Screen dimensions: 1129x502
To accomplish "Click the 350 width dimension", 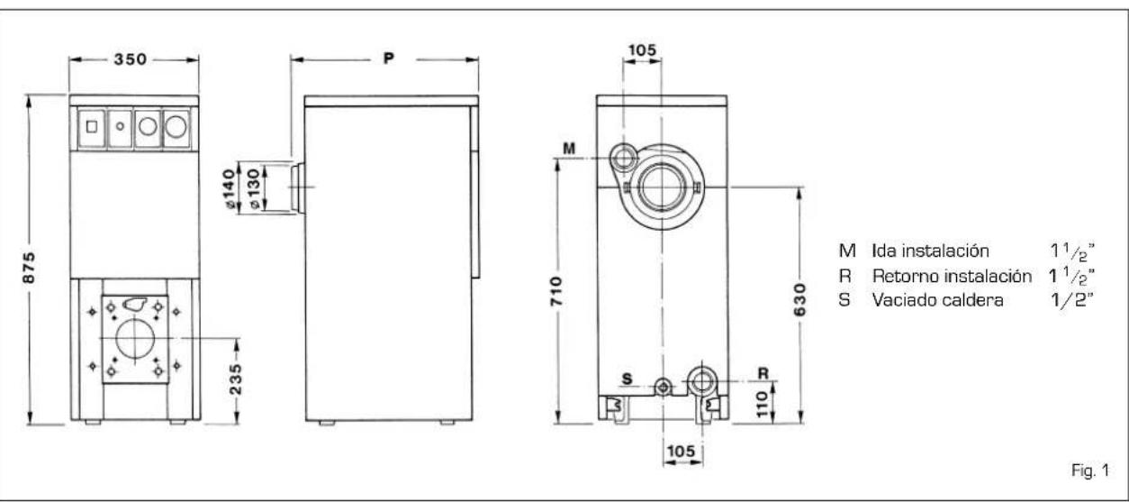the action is click(x=130, y=59).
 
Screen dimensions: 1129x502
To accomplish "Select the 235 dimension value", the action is click(x=235, y=379).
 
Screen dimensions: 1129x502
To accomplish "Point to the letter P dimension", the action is click(x=388, y=58).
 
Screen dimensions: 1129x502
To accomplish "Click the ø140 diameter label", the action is click(x=229, y=189).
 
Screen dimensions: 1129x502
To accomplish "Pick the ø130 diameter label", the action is click(x=254, y=189).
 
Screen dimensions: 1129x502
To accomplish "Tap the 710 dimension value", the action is click(x=555, y=291).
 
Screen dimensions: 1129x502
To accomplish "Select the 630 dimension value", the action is click(x=799, y=300).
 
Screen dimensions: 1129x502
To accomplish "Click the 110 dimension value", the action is click(x=762, y=404).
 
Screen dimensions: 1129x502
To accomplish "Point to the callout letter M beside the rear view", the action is click(x=569, y=149).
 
